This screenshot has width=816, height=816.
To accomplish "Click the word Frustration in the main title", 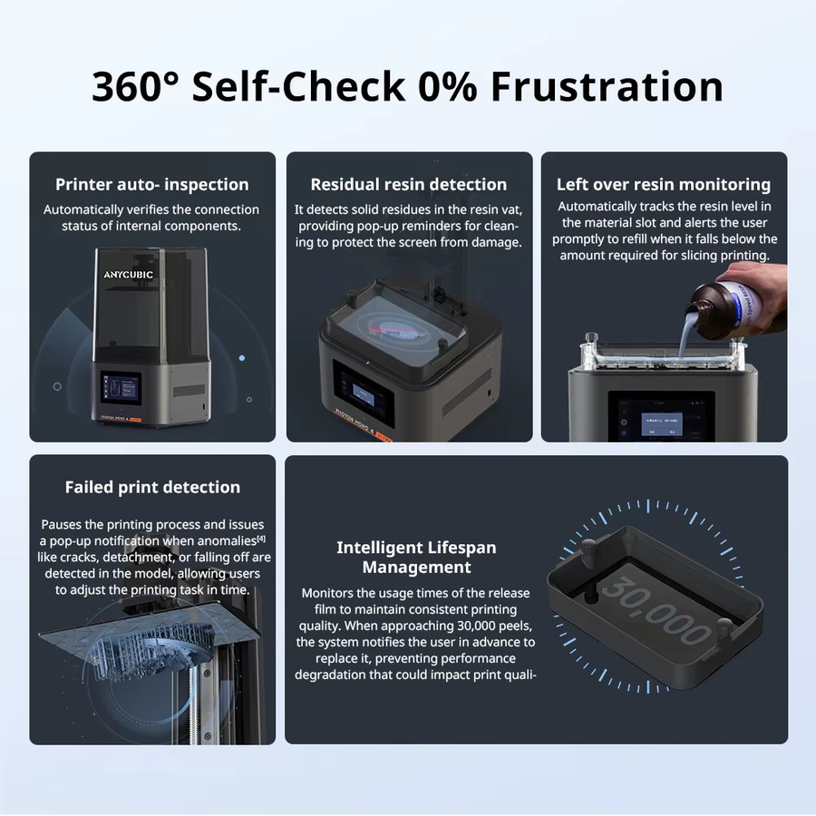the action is point(607,86).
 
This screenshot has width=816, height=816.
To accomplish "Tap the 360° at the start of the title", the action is point(135,86).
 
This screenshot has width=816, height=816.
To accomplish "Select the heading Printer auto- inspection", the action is point(152,185).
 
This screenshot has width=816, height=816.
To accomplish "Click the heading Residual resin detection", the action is point(409,185).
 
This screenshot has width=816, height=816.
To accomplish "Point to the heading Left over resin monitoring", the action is point(664,185).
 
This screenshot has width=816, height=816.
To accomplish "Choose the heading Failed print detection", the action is point(152,487).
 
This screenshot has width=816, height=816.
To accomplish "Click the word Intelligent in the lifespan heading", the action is point(384,548).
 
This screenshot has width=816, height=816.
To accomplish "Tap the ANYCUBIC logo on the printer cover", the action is point(128,275).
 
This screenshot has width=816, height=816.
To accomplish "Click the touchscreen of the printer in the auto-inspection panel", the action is point(121,388).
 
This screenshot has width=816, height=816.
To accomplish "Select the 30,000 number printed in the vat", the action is point(656,610).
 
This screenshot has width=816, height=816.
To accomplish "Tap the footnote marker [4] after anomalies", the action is point(261,539).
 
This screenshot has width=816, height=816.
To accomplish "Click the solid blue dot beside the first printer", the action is point(241,358).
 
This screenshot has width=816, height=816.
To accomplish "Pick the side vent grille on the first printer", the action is point(189,390).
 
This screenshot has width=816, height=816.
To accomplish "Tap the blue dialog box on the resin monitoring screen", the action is point(662,424).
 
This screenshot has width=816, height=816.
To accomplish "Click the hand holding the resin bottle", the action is point(761,291).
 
